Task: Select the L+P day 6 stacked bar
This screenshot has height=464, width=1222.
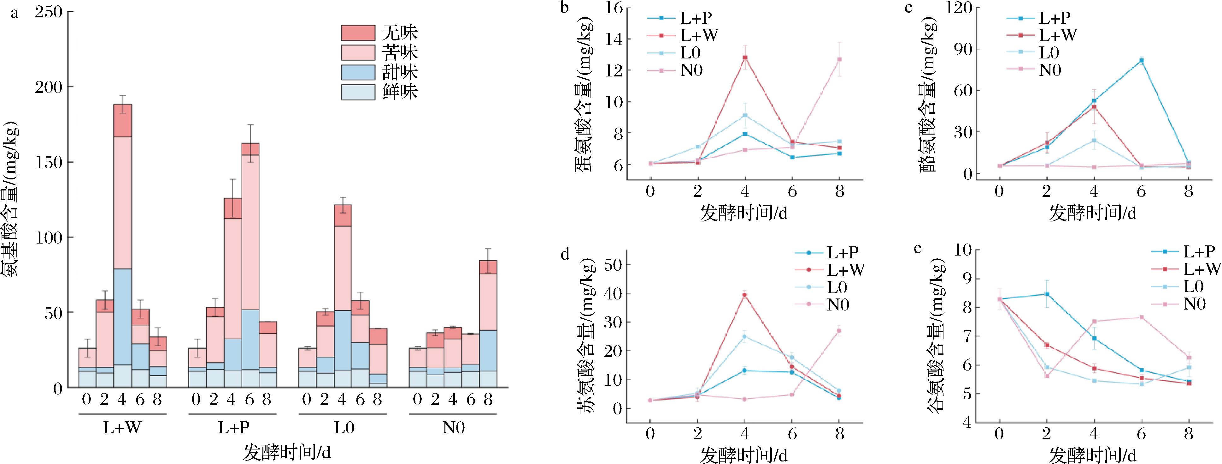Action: (250, 266)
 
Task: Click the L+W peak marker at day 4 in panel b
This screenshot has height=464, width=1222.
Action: (745, 57)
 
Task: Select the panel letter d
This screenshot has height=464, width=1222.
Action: (565, 255)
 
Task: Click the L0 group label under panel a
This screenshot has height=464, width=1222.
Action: (344, 428)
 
